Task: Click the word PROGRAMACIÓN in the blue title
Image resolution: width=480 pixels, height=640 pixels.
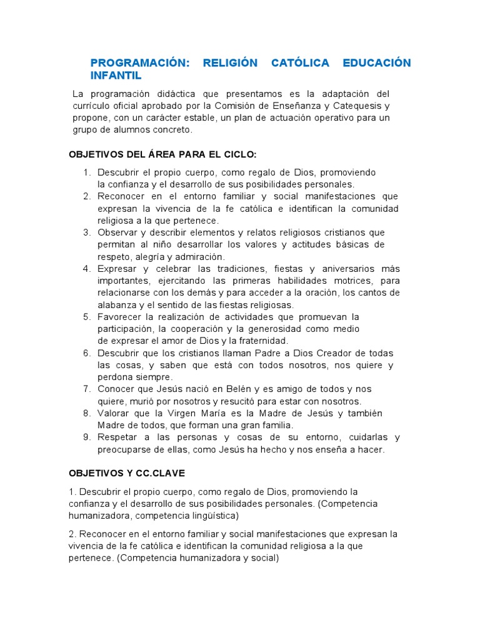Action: click(x=139, y=63)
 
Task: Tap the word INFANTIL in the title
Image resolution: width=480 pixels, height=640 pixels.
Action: click(x=116, y=76)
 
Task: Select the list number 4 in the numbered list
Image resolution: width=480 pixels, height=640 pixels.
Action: click(x=87, y=269)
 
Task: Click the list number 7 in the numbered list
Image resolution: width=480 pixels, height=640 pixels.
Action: click(x=87, y=389)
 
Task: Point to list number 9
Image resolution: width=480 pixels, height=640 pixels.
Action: click(x=87, y=437)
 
